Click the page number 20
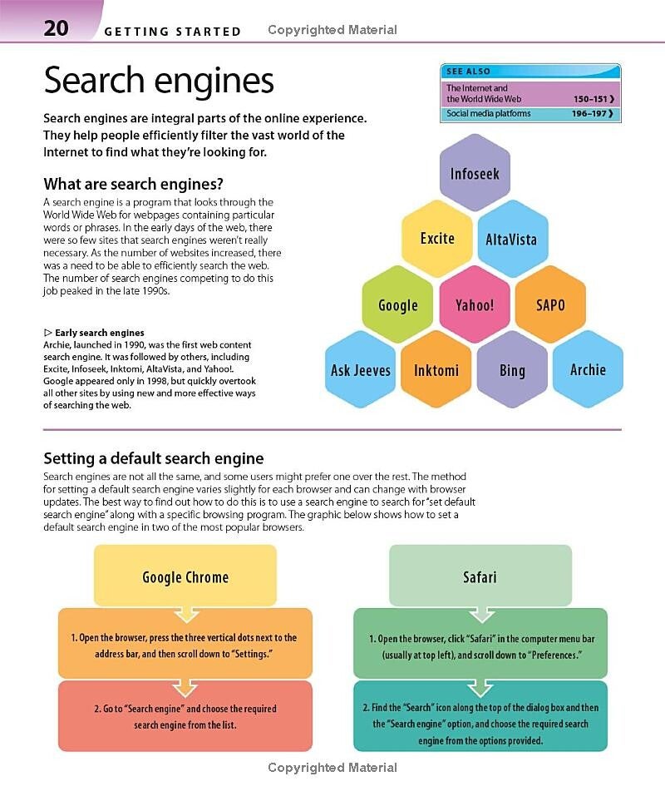57,27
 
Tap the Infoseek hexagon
475,174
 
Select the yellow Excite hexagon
437,239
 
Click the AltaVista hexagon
511,240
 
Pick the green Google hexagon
398,304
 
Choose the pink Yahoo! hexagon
475,304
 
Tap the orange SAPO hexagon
550,304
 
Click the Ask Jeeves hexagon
361,370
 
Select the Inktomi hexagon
437,370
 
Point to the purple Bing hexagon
512,370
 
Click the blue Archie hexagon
588,369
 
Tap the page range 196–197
594,113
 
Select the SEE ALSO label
469,72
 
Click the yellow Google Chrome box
185,576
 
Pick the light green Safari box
480,576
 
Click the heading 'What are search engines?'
133,184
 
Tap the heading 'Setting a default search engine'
153,458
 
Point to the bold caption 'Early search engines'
99,333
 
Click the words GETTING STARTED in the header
173,32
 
